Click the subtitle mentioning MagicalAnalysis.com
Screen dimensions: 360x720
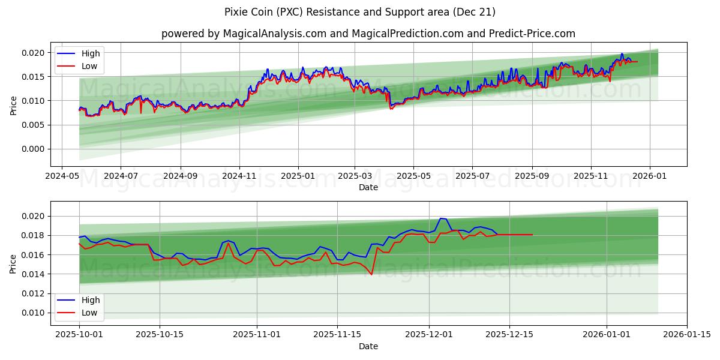368,34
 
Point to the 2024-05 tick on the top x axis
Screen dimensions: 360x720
62,176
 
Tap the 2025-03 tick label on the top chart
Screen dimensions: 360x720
355,176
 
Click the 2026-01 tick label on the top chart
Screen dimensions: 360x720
650,176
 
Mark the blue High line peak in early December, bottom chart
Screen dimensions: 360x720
441,218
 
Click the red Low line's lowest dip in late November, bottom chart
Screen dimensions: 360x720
371,274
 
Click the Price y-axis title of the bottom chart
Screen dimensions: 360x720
13,263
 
